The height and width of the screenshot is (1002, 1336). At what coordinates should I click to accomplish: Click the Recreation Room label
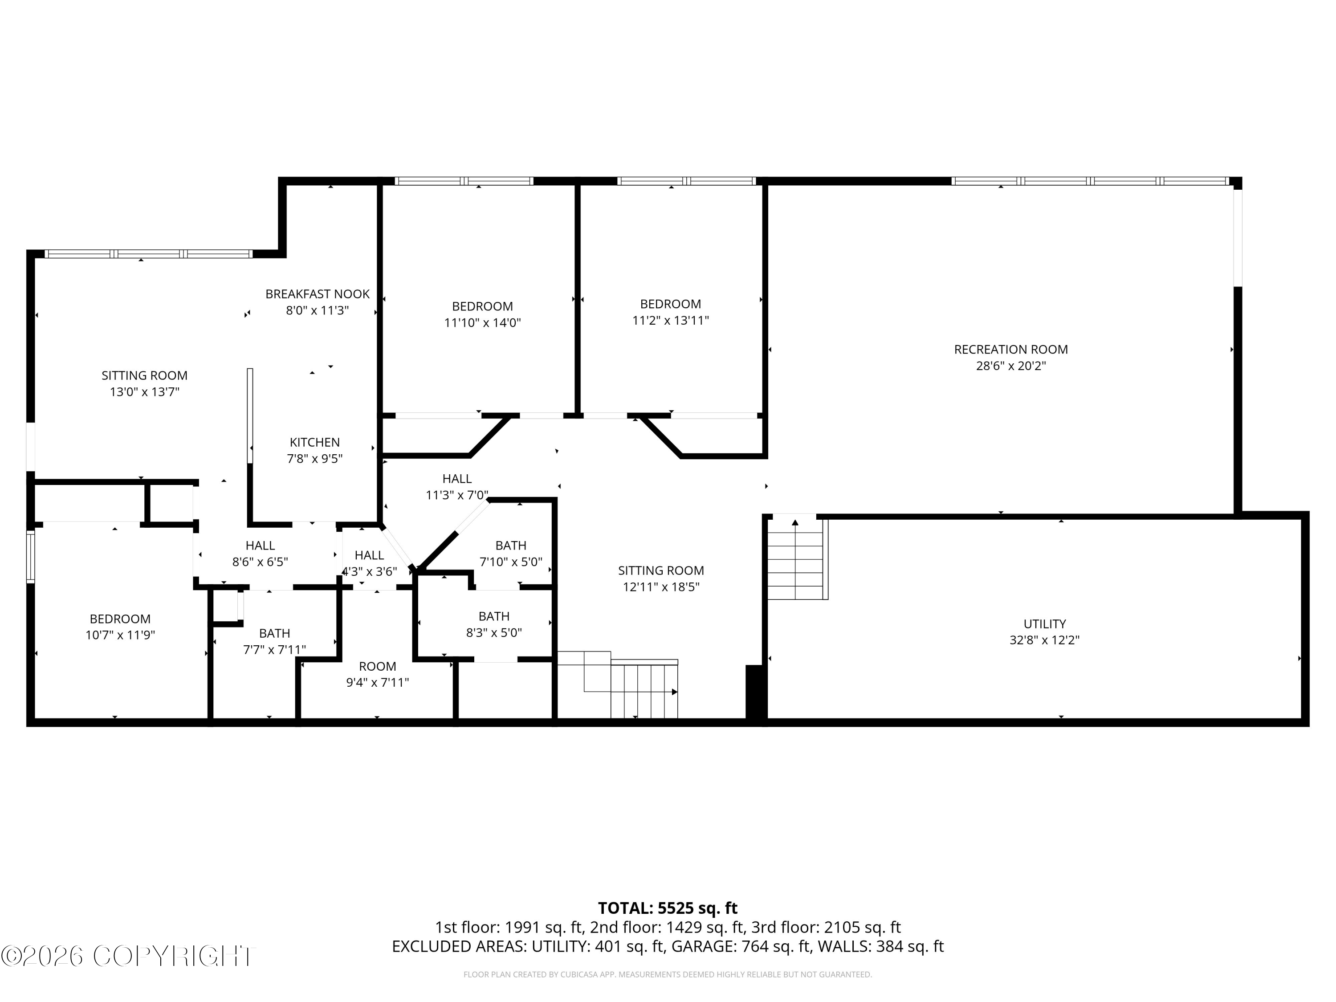(x=1010, y=349)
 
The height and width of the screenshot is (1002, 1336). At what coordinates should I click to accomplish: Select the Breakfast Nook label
(x=317, y=294)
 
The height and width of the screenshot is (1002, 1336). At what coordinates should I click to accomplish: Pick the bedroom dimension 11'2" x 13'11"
(x=670, y=321)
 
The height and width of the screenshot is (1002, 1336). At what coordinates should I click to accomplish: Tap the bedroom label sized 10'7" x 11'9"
(x=120, y=619)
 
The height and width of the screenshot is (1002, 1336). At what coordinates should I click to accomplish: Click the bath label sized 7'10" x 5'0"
(x=510, y=546)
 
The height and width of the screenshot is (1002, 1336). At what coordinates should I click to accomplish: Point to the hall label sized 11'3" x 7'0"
(x=456, y=479)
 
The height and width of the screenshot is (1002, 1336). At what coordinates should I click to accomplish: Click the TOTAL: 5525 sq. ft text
(x=668, y=908)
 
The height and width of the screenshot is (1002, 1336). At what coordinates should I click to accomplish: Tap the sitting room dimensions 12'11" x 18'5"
(x=661, y=587)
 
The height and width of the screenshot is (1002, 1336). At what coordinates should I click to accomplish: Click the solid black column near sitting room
(x=755, y=692)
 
